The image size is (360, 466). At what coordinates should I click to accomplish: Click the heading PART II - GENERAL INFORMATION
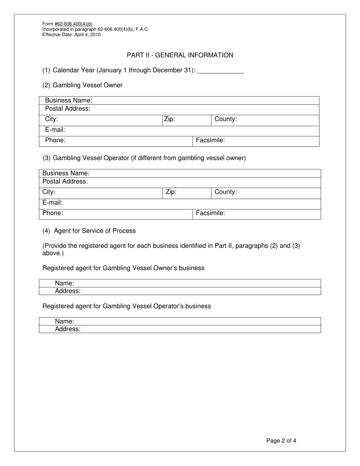pyautogui.click(x=180, y=55)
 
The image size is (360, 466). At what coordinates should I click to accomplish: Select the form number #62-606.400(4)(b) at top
pyautogui.click(x=73, y=24)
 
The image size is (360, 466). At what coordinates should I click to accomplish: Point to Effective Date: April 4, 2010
pyautogui.click(x=71, y=34)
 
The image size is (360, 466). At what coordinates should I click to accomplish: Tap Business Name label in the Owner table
pyautogui.click(x=69, y=100)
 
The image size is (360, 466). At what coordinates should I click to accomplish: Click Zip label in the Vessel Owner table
pyautogui.click(x=169, y=119)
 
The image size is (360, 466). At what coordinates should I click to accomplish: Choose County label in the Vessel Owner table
pyautogui.click(x=225, y=119)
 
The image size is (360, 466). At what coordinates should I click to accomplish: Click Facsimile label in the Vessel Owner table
pyautogui.click(x=210, y=141)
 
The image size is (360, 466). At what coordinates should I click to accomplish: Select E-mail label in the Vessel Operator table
pyautogui.click(x=52, y=203)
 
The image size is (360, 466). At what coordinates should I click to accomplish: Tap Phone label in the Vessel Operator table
pyautogui.click(x=53, y=213)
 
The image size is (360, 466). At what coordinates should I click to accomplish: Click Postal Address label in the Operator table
pyautogui.click(x=65, y=181)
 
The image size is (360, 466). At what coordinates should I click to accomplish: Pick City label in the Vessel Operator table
pyautogui.click(x=49, y=192)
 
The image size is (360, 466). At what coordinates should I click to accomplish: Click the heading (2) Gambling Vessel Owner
pyautogui.click(x=83, y=85)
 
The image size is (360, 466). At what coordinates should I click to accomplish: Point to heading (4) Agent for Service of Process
pyautogui.click(x=89, y=231)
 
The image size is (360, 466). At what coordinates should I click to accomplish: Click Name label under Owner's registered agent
pyautogui.click(x=64, y=283)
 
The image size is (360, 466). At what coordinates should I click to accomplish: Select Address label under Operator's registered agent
pyautogui.click(x=67, y=329)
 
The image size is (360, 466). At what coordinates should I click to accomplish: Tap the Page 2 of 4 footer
pyautogui.click(x=281, y=441)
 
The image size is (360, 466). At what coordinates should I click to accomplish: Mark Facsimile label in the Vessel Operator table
pyautogui.click(x=210, y=213)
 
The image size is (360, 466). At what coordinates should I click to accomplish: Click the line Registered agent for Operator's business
pyautogui.click(x=127, y=306)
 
